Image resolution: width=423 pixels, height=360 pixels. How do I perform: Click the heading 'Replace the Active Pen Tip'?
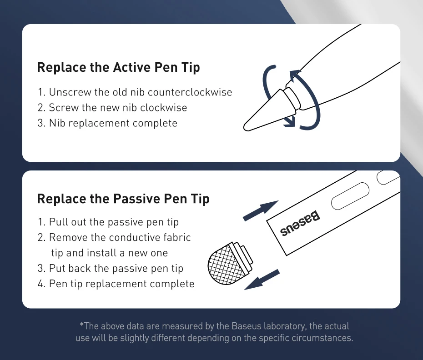pyautogui.click(x=118, y=67)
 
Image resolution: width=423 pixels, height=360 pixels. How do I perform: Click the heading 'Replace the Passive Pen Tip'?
pyautogui.click(x=123, y=199)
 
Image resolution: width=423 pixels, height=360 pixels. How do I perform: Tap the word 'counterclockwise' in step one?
pyautogui.click(x=190, y=92)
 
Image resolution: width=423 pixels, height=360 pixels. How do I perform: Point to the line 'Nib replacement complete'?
pyautogui.click(x=108, y=123)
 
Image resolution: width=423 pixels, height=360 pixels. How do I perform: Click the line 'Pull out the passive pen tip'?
pyautogui.click(x=108, y=222)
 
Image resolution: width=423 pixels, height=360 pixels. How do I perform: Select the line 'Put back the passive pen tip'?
pyautogui.click(x=111, y=268)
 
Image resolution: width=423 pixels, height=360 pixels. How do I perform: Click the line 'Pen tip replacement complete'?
pyautogui.click(x=116, y=284)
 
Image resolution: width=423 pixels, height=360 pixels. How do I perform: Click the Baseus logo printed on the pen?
pyautogui.click(x=300, y=223)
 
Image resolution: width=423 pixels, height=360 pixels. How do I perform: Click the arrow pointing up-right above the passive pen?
pyautogui.click(x=261, y=210)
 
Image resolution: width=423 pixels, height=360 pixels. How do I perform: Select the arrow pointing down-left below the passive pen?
pyautogui.click(x=262, y=280)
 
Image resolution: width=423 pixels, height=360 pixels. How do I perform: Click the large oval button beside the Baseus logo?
pyautogui.click(x=350, y=196)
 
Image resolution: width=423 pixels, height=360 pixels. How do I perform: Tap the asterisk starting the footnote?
pyautogui.click(x=81, y=325)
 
